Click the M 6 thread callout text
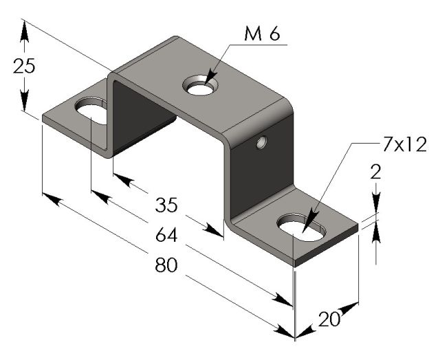pyautogui.click(x=262, y=34)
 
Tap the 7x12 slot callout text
pyautogui.click(x=404, y=145)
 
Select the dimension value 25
pyautogui.click(x=24, y=66)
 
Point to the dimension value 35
pyautogui.click(x=166, y=205)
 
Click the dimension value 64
pyautogui.click(x=166, y=235)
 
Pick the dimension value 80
pyautogui.click(x=166, y=265)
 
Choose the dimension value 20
pyautogui.click(x=329, y=319)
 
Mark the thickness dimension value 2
pyautogui.click(x=376, y=172)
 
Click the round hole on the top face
pyautogui.click(x=201, y=85)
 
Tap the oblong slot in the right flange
pyautogui.click(x=302, y=227)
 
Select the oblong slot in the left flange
pyautogui.click(x=91, y=111)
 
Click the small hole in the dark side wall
pyautogui.click(x=261, y=142)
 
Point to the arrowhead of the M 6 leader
pyautogui.click(x=210, y=77)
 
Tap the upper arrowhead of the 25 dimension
pyautogui.click(x=25, y=31)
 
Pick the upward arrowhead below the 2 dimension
pyautogui.click(x=376, y=232)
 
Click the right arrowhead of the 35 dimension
pyautogui.click(x=213, y=230)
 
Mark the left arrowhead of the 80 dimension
pyautogui.click(x=52, y=199)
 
